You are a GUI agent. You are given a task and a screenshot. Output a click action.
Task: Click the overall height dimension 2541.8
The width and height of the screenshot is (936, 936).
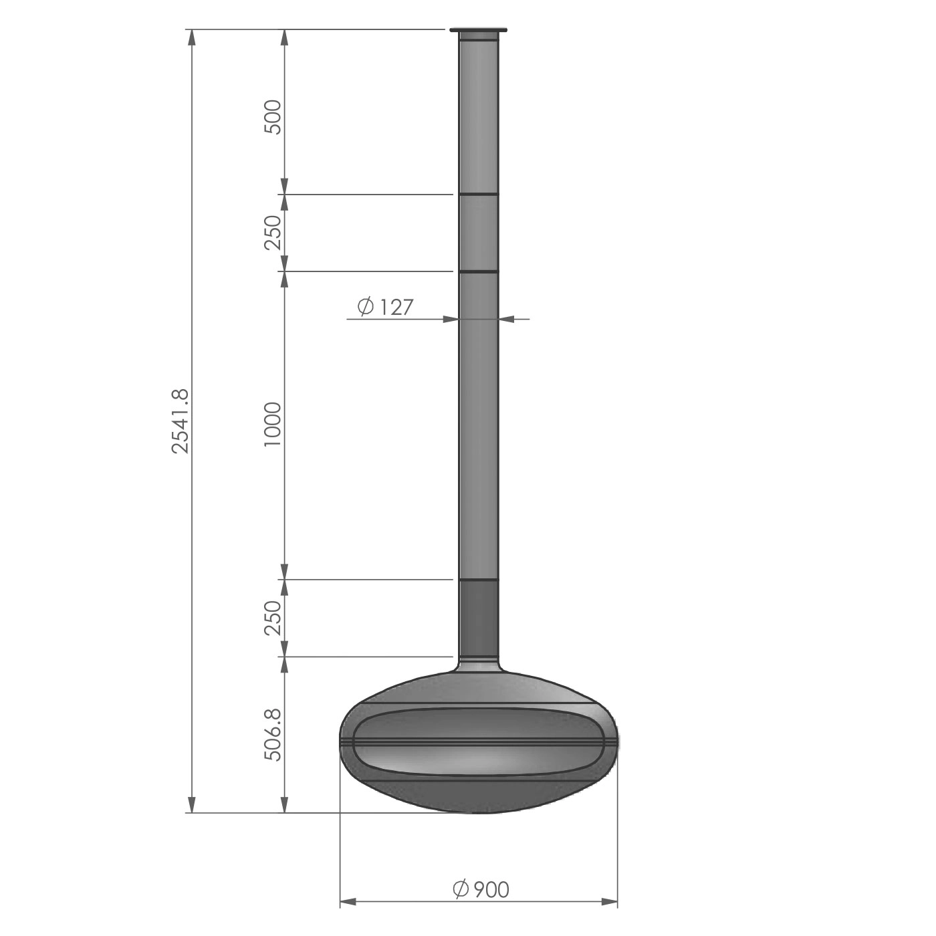pyautogui.click(x=181, y=421)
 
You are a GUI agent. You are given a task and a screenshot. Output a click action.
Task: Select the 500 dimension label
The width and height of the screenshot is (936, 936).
pyautogui.click(x=273, y=117)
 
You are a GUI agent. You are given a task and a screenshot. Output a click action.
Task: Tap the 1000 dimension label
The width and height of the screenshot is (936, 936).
pyautogui.click(x=273, y=425)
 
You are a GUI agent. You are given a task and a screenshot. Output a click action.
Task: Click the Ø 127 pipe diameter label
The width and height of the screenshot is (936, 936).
pyautogui.click(x=384, y=307)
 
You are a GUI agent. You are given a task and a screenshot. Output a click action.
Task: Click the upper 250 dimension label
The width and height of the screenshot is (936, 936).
pyautogui.click(x=273, y=232)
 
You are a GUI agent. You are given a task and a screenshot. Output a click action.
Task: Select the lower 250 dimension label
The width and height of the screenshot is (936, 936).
pyautogui.click(x=273, y=618)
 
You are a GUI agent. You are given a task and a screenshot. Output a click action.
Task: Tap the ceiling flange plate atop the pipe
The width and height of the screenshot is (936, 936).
pyautogui.click(x=479, y=30)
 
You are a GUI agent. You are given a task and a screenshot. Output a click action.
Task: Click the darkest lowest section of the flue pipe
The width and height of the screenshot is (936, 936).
pyautogui.click(x=479, y=618)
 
